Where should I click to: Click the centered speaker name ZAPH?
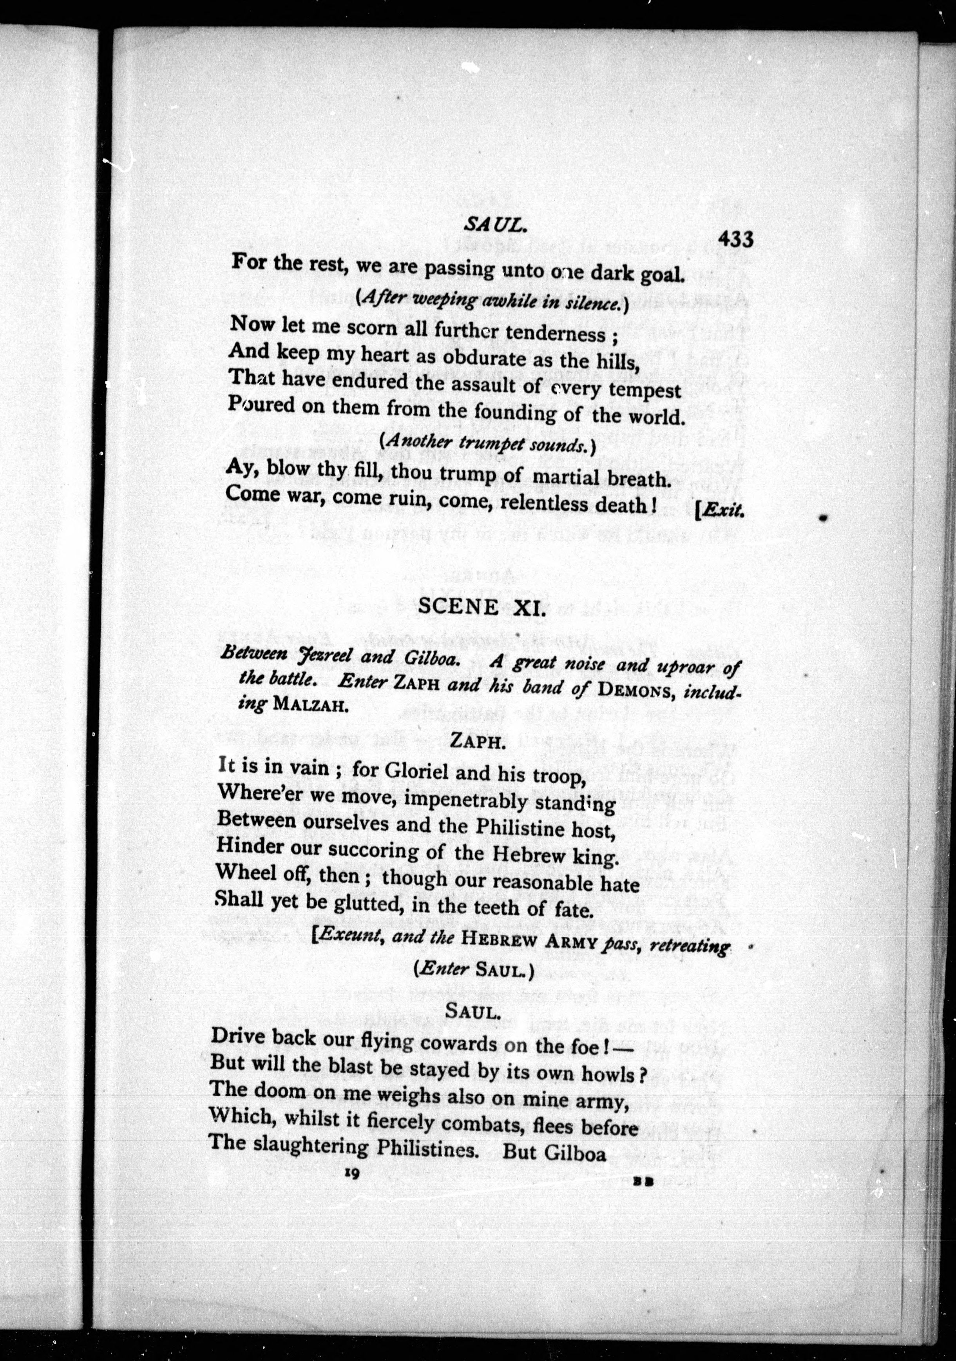(477, 742)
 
